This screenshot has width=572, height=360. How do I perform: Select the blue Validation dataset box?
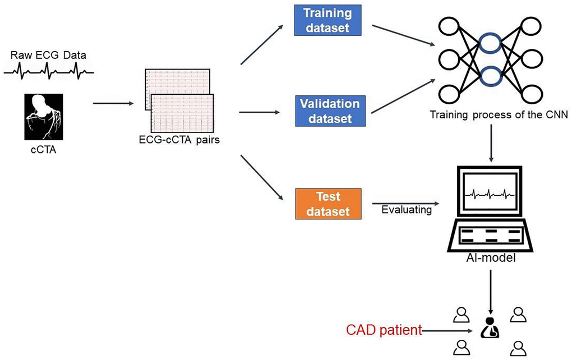(x=329, y=110)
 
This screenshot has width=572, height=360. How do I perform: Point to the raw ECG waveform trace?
(x=49, y=70)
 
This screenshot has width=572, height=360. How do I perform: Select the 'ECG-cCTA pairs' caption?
(x=178, y=140)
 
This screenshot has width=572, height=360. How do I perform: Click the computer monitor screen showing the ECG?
(x=491, y=193)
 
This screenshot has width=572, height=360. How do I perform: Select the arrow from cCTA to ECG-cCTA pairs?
(x=113, y=103)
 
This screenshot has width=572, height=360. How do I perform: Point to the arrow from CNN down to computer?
(x=491, y=142)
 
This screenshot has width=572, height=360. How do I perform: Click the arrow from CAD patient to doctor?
(x=451, y=331)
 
